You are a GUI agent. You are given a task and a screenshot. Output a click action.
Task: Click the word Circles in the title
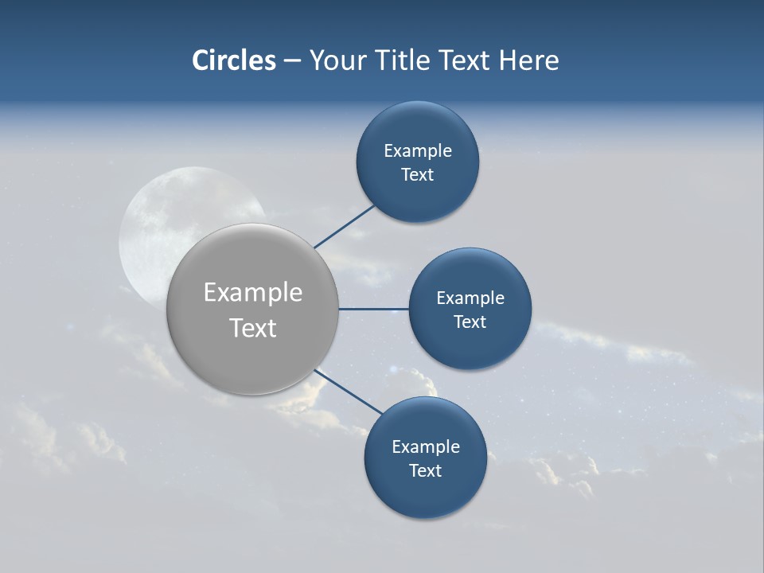233,60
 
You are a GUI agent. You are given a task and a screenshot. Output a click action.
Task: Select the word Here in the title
528,60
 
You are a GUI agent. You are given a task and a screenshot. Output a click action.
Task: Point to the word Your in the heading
337,60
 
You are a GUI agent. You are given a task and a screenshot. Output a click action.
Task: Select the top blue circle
418,199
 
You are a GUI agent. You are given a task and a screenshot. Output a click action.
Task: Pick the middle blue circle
470,346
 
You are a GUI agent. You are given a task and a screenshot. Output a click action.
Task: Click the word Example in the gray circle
253,293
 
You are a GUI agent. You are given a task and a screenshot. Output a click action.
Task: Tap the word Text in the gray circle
253,328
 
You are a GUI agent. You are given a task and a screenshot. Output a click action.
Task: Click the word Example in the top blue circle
418,151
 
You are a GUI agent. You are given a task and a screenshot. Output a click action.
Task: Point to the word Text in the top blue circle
418,175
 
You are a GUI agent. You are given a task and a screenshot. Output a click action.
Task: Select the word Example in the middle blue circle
470,298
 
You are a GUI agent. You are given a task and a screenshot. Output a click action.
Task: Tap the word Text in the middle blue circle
470,322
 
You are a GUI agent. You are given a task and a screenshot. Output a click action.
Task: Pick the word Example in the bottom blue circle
426,447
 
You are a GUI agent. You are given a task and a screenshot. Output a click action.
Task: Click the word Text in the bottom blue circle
426,471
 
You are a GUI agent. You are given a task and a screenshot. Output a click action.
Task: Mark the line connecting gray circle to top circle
345,226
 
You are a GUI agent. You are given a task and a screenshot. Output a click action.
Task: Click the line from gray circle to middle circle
374,309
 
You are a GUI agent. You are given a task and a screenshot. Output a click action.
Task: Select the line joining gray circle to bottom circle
349,392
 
